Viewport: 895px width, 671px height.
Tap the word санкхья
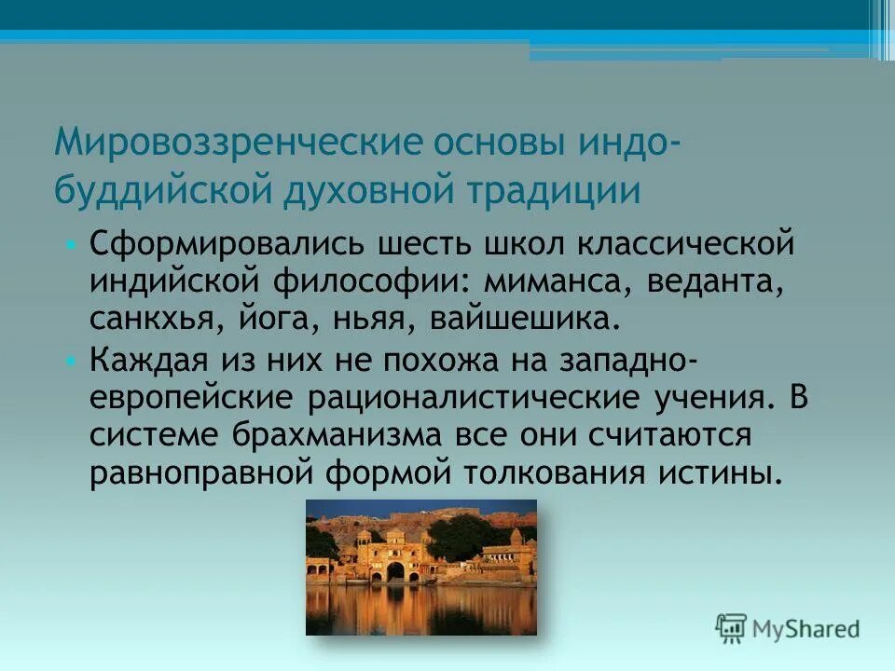[x=154, y=320]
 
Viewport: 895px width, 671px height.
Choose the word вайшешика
[x=524, y=320]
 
